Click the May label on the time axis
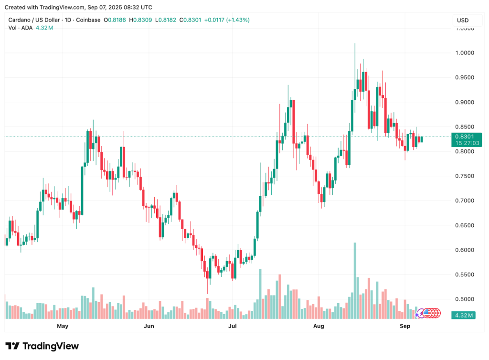[63, 326]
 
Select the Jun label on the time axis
[149, 326]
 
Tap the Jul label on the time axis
[233, 326]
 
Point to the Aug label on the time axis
[319, 326]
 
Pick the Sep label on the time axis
[405, 326]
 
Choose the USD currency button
[463, 21]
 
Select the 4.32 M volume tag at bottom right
[464, 316]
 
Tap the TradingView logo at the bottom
[42, 346]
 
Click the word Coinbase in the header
[88, 20]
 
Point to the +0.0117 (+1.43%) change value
[226, 20]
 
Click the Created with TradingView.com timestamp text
[78, 7]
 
